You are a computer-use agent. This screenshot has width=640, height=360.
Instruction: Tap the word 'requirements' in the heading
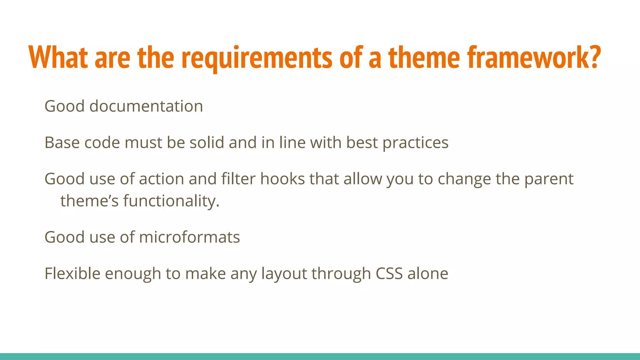coord(257,58)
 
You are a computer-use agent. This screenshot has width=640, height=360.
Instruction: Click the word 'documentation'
coord(146,106)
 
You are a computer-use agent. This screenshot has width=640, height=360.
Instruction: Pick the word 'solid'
coord(207,143)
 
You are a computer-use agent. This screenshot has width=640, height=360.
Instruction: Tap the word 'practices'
coord(415,143)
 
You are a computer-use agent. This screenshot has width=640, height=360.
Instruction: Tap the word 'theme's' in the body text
coord(89,201)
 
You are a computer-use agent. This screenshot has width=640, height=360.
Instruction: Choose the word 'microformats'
coord(189,237)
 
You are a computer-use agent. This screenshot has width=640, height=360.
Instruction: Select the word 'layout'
coord(284,274)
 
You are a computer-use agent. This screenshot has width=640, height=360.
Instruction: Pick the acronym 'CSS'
coord(389,273)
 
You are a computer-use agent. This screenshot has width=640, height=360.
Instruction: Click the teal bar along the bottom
coord(320,357)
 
